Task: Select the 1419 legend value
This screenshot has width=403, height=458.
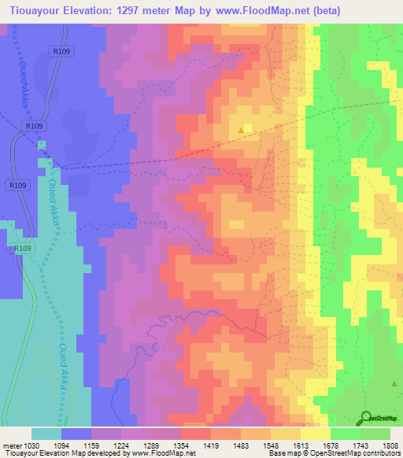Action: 211,445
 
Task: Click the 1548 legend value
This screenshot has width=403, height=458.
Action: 271,445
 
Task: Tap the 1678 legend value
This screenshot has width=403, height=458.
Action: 330,445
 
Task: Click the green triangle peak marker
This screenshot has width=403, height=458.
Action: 394,383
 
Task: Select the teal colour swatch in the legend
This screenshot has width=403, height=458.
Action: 46,434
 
